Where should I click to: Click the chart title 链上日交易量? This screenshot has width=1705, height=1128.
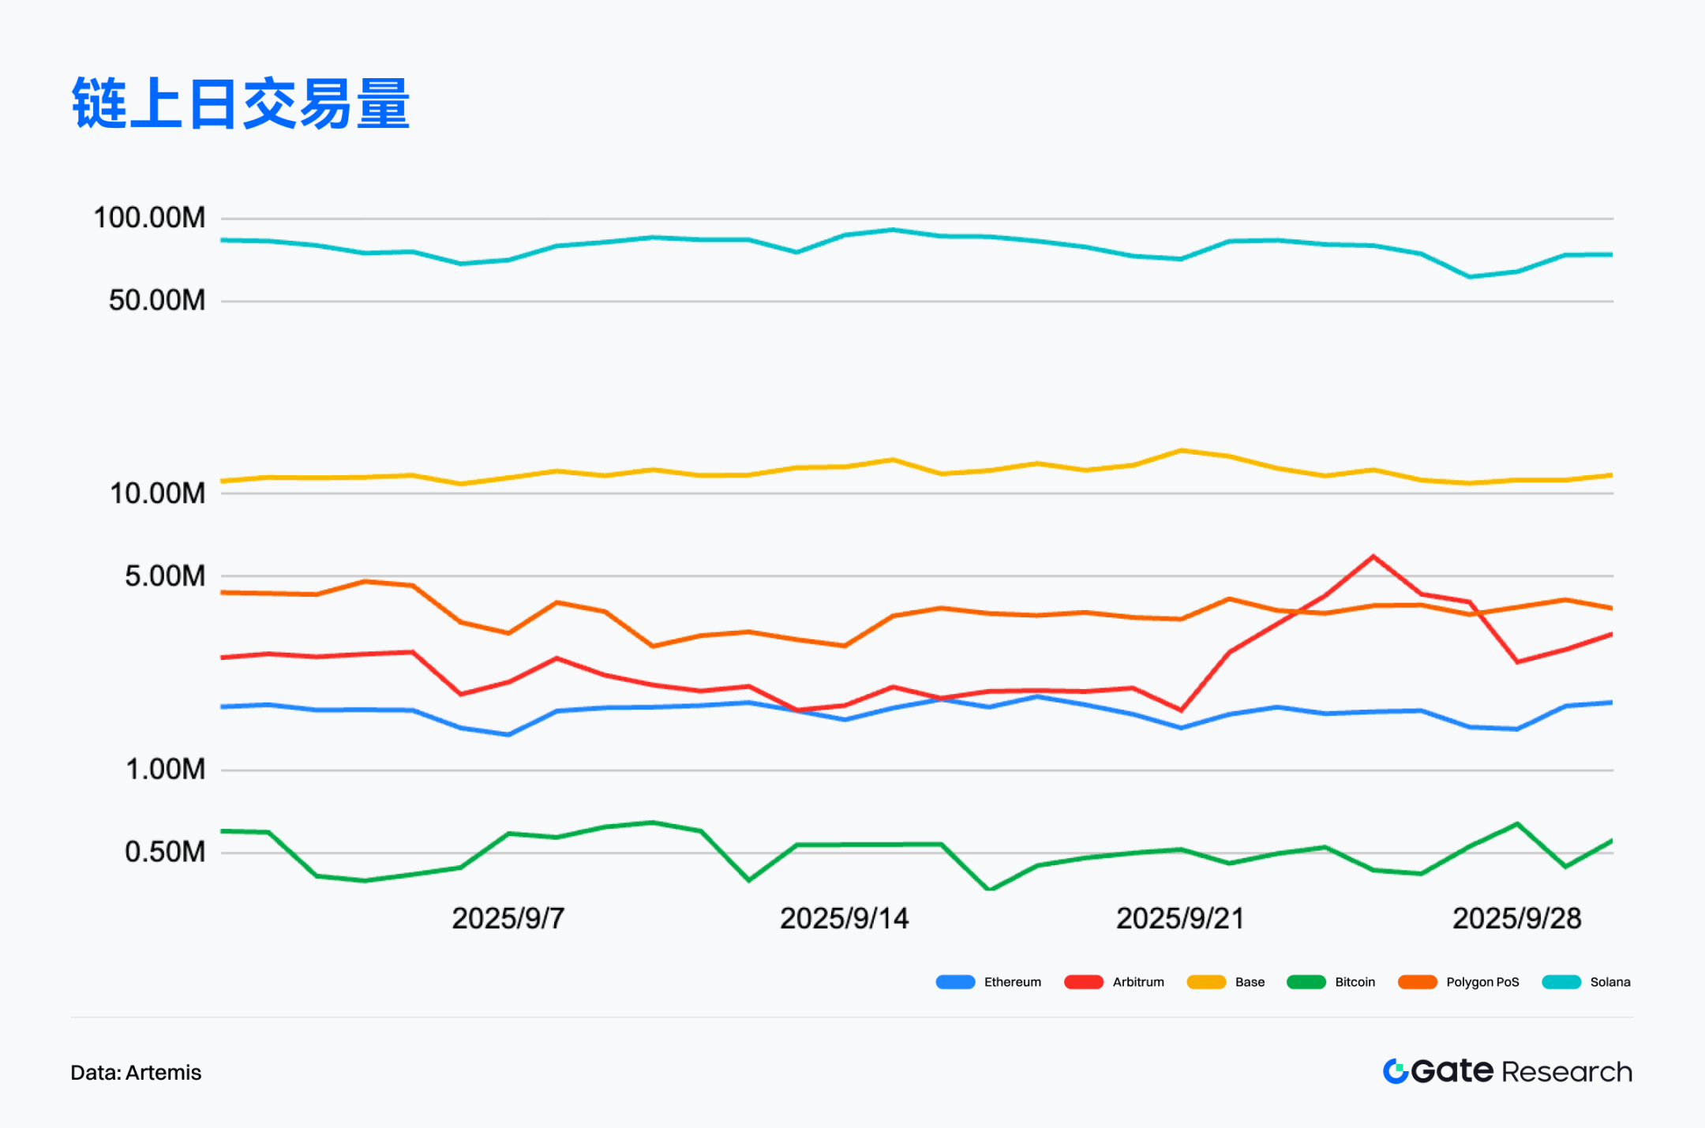tap(241, 103)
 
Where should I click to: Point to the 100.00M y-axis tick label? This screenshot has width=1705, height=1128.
tap(149, 218)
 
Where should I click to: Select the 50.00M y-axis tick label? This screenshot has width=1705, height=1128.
tap(156, 301)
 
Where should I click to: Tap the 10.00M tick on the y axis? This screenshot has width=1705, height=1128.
tap(156, 493)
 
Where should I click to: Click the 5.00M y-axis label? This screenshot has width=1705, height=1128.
tap(164, 576)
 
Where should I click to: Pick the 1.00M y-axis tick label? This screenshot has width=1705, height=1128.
tap(164, 769)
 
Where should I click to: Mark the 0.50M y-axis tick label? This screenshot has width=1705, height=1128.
tap(164, 852)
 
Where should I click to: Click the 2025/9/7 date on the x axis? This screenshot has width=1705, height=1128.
tap(508, 919)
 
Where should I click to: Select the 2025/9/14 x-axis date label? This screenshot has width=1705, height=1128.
tap(844, 919)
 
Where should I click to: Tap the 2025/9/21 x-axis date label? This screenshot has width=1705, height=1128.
tap(1180, 919)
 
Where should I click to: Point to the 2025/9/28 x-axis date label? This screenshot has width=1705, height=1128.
tap(1516, 919)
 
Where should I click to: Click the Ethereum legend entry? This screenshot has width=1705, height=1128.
tap(988, 982)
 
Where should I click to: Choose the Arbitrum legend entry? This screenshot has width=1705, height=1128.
tap(1114, 982)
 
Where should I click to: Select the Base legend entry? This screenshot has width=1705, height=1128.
tap(1226, 982)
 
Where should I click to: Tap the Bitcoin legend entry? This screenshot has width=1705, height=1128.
tap(1331, 982)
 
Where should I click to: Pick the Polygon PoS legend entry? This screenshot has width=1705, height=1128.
tap(1459, 982)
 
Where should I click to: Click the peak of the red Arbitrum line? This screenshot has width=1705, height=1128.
tap(1373, 557)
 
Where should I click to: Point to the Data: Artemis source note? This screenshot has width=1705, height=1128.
tap(136, 1073)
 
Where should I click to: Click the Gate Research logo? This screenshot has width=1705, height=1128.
tap(1507, 1071)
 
